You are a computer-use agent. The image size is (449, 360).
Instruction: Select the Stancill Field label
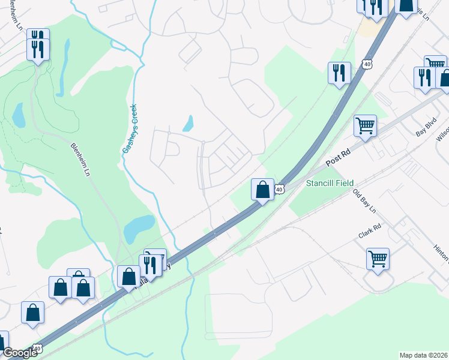click(x=330, y=182)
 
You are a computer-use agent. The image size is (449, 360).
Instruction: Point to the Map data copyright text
click(x=424, y=355)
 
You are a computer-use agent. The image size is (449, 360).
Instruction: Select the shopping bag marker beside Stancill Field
click(x=262, y=190)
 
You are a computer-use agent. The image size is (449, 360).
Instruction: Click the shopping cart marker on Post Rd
click(x=365, y=126)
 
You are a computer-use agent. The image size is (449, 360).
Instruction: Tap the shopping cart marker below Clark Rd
click(x=378, y=259)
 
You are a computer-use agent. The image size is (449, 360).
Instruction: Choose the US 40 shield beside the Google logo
click(x=37, y=348)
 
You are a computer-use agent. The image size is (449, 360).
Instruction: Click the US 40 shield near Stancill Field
click(x=280, y=190)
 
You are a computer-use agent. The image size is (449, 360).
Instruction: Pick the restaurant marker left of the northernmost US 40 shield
click(x=339, y=73)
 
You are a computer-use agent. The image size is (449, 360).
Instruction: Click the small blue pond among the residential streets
click(x=188, y=124)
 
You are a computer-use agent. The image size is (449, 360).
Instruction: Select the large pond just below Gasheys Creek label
click(x=140, y=226)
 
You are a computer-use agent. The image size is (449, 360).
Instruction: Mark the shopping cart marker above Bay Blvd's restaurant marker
click(x=435, y=63)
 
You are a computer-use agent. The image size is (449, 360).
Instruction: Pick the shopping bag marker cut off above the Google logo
click(x=3, y=340)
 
